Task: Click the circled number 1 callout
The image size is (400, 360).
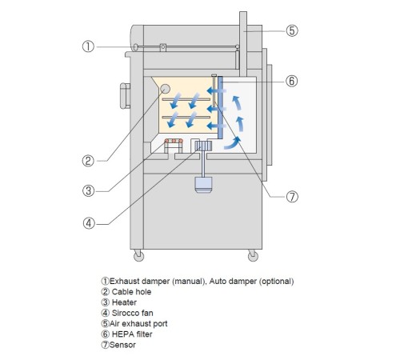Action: pos(88,46)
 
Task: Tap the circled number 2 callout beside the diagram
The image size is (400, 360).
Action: pos(88,161)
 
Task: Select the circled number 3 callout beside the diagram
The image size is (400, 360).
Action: pos(88,191)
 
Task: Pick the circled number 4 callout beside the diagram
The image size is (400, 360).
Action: pos(89,223)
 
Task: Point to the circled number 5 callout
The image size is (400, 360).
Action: pos(292,30)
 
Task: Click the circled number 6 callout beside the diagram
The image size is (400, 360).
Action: pos(292,81)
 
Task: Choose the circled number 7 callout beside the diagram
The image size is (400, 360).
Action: pos(292,197)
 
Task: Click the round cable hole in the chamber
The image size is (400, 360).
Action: pos(165,89)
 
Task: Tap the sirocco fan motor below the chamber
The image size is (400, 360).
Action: pos(203,185)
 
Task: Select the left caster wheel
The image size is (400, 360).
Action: pos(138,256)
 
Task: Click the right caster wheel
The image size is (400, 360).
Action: pos(253,256)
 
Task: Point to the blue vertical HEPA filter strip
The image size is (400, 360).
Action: pos(220,108)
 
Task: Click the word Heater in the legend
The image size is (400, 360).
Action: pos(124,302)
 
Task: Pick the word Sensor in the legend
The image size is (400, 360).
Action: pos(122,345)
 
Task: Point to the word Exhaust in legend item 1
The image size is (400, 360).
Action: pos(125,282)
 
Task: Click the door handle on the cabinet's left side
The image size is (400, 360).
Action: pos(125,96)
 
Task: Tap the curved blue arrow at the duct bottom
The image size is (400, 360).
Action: pos(232,143)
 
